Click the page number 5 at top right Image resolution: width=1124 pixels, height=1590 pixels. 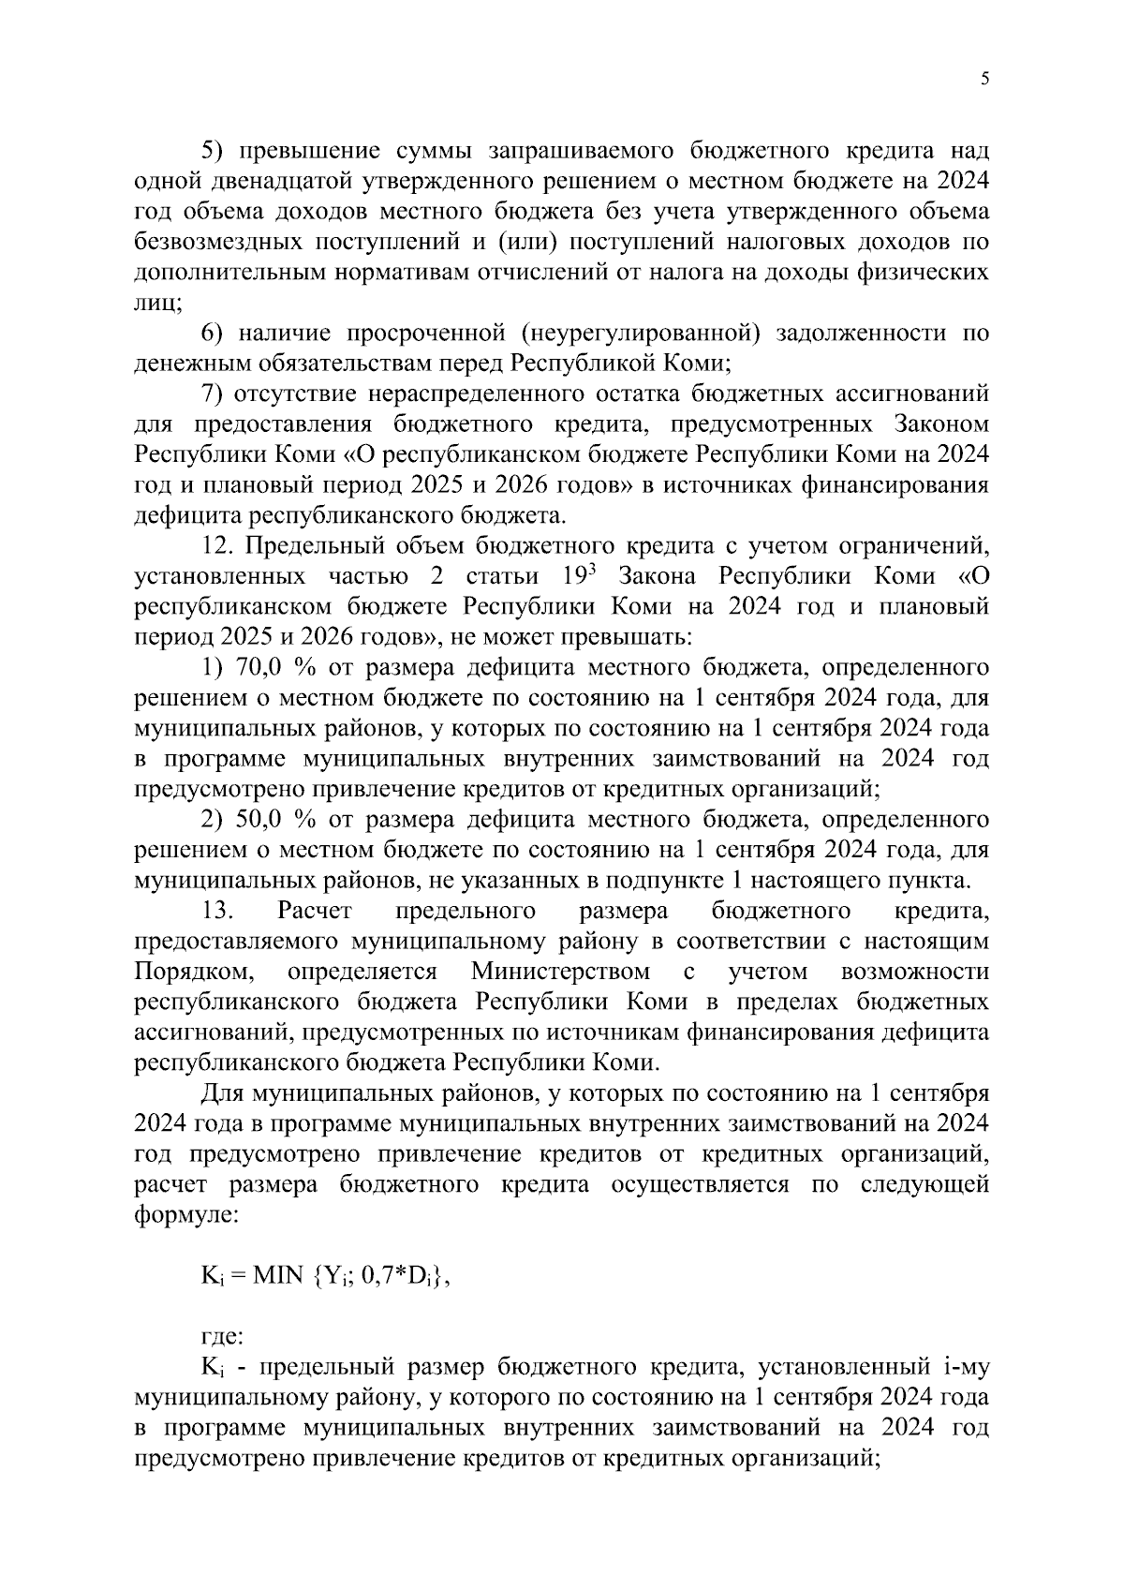pos(984,80)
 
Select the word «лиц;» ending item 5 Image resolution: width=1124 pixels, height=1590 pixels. pos(158,303)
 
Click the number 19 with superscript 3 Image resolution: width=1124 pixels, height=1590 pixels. pos(565,575)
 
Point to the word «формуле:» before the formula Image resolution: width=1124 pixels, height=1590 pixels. pos(187,1215)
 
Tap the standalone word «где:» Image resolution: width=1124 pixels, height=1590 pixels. pos(223,1337)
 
